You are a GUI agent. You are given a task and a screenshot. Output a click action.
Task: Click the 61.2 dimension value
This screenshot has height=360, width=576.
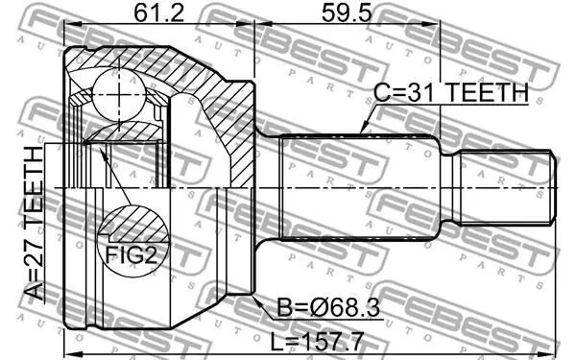[x=158, y=13]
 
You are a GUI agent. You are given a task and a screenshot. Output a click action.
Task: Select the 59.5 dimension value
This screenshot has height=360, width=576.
[x=347, y=13]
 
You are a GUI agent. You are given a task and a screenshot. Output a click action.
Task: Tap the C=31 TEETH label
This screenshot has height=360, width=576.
[x=451, y=92]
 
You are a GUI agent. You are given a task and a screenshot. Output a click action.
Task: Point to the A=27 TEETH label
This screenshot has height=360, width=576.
[x=35, y=224]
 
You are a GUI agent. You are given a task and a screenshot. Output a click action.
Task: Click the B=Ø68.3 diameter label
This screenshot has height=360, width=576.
[x=328, y=307]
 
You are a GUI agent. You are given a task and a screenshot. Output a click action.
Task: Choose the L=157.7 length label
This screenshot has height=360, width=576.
[x=317, y=341]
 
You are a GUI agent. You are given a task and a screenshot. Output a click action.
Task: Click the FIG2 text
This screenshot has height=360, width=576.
[x=132, y=254]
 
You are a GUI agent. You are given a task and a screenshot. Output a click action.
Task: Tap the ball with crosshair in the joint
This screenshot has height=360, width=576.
[x=119, y=94]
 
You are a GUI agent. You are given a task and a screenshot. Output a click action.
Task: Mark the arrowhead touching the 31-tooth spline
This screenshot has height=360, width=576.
[x=364, y=128]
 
